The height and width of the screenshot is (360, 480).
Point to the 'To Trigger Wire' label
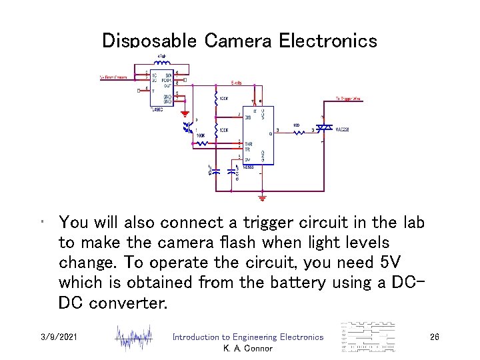tap(347, 98)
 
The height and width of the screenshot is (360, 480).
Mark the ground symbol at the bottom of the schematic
tap(262, 197)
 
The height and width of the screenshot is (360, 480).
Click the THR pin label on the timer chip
tap(249, 144)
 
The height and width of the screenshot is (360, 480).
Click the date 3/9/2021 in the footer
tap(59, 338)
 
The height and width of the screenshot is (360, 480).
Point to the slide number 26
tap(434, 338)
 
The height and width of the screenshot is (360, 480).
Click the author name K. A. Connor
tap(247, 349)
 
